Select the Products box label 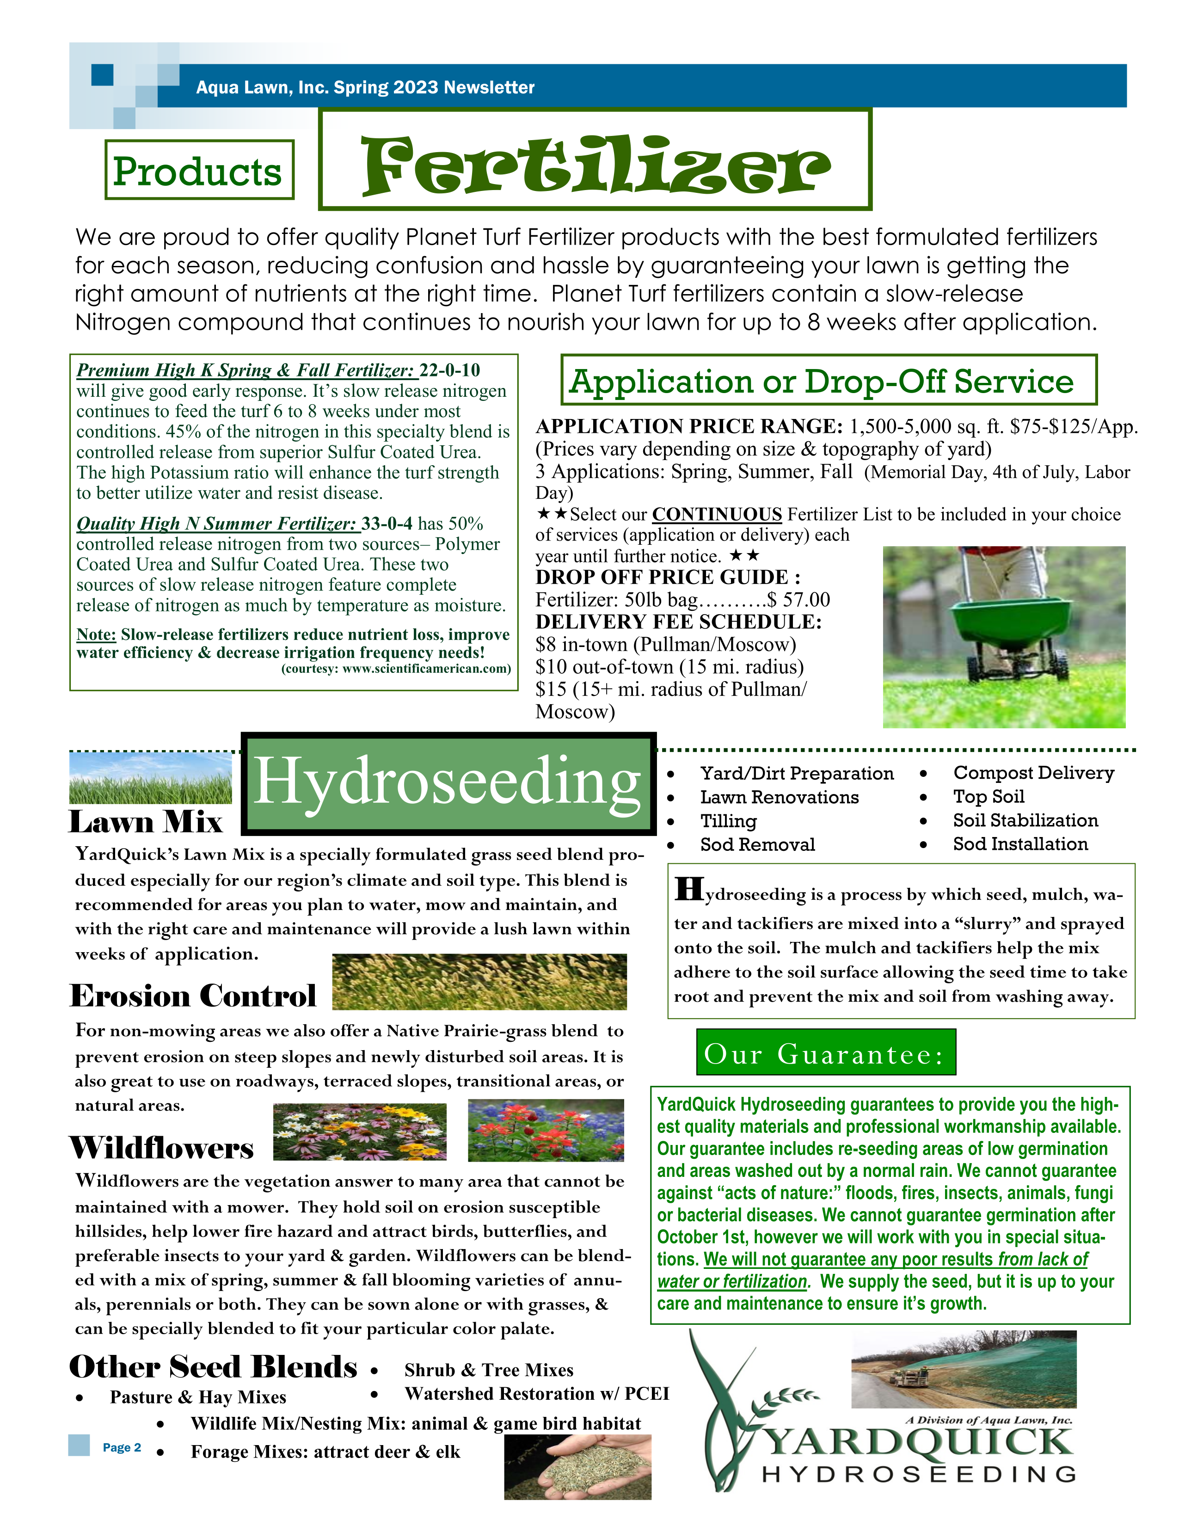(198, 171)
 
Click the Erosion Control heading (193, 996)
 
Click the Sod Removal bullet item (757, 845)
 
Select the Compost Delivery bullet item (1033, 773)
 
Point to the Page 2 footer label (122, 1447)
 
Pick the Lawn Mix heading (145, 822)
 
